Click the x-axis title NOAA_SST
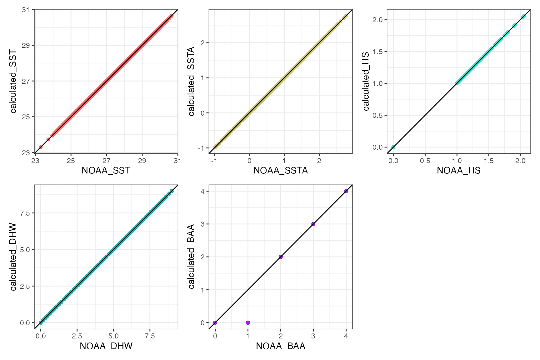[106, 170]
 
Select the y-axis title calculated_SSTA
[191, 81]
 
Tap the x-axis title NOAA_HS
[458, 170]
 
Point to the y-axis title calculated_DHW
[13, 257]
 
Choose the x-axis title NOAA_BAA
[280, 346]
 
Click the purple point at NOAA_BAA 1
[248, 322]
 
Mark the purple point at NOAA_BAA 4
[346, 191]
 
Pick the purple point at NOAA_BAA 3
[313, 224]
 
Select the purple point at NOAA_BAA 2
[281, 257]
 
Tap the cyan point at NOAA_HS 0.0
[393, 147]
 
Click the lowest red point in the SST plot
[41, 147]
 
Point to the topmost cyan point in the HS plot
[524, 16]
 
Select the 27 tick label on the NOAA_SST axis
[107, 161]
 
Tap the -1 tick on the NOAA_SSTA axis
[214, 161]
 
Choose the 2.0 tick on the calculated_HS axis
[377, 20]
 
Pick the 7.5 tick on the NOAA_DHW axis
[150, 336]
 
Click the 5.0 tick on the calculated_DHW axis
[25, 250]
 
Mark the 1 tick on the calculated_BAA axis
[203, 290]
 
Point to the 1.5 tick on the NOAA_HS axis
[489, 161]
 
